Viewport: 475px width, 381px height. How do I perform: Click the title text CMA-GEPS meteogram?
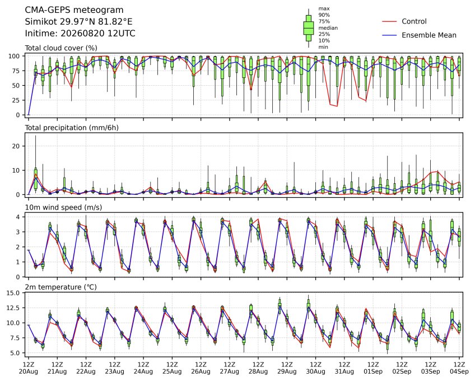point(74,10)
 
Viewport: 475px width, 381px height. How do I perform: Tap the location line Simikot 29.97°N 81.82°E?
point(78,22)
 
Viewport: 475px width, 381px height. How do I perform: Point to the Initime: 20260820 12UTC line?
point(80,34)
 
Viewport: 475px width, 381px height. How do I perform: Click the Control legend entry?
point(404,21)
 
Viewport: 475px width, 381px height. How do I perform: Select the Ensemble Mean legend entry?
point(419,35)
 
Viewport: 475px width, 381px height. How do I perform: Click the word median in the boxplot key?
point(328,28)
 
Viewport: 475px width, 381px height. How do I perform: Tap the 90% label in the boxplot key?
point(324,15)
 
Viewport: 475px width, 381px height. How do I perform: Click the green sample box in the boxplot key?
point(309,28)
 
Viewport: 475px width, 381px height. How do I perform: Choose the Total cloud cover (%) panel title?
point(61,48)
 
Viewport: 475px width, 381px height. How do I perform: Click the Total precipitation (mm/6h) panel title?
point(72,128)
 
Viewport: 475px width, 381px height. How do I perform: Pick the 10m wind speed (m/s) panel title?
point(63,208)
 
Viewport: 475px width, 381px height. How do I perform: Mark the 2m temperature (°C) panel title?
point(60,287)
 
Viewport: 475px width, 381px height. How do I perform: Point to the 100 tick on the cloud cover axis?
point(14,57)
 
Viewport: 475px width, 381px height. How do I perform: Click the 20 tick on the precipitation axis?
point(16,146)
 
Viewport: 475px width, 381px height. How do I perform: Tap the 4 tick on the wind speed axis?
point(18,217)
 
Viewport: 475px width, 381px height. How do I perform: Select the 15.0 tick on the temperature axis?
point(13,294)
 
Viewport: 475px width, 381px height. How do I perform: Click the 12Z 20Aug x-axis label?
point(29,368)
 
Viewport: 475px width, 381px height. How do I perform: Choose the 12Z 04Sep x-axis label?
point(459,368)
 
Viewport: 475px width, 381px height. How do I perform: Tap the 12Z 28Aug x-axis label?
point(258,368)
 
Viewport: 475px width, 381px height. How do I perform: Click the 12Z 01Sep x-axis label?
point(373,368)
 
